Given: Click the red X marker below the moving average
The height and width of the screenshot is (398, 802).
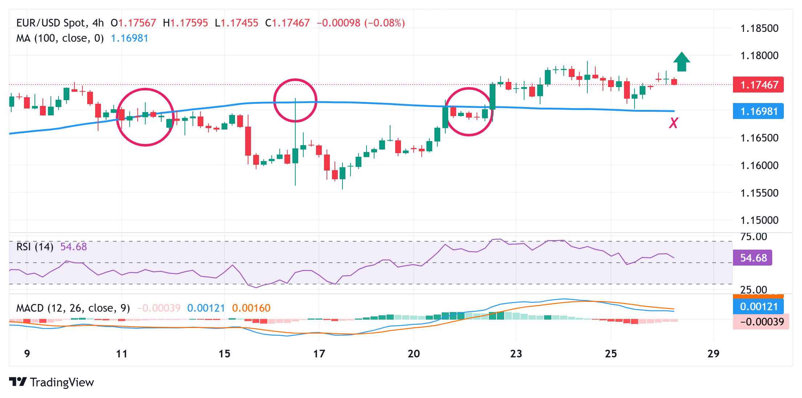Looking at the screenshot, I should click(673, 123).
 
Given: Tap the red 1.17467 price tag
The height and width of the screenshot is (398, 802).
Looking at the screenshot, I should click(758, 85).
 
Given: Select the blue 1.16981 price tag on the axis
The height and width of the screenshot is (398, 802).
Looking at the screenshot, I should click(758, 111).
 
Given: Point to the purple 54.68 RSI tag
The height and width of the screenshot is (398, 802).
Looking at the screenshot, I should click(752, 258).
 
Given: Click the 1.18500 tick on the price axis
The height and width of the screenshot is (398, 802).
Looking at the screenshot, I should click(759, 28).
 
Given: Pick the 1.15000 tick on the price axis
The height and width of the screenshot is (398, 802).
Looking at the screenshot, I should click(759, 220).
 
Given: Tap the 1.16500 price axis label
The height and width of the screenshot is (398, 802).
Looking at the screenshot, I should click(759, 138).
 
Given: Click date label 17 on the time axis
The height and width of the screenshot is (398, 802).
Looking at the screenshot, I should click(319, 354).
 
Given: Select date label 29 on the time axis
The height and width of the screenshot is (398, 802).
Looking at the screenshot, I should click(713, 354).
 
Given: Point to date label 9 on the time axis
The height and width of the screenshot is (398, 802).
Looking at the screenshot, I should click(27, 354).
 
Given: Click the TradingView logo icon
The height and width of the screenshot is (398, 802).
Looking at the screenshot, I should click(18, 382).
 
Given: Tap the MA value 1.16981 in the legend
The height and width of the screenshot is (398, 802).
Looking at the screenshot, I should click(129, 38).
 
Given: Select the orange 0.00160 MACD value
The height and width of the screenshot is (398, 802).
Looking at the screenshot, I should click(251, 308).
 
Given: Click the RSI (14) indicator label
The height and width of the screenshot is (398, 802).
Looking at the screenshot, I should click(35, 247).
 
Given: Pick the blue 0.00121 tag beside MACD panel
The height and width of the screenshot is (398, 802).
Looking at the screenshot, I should click(758, 307).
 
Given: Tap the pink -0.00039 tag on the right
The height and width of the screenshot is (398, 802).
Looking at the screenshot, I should click(761, 322).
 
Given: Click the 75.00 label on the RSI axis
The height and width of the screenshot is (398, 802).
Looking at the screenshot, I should click(754, 237).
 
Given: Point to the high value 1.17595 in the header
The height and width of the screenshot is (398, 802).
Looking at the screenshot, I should click(189, 23).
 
